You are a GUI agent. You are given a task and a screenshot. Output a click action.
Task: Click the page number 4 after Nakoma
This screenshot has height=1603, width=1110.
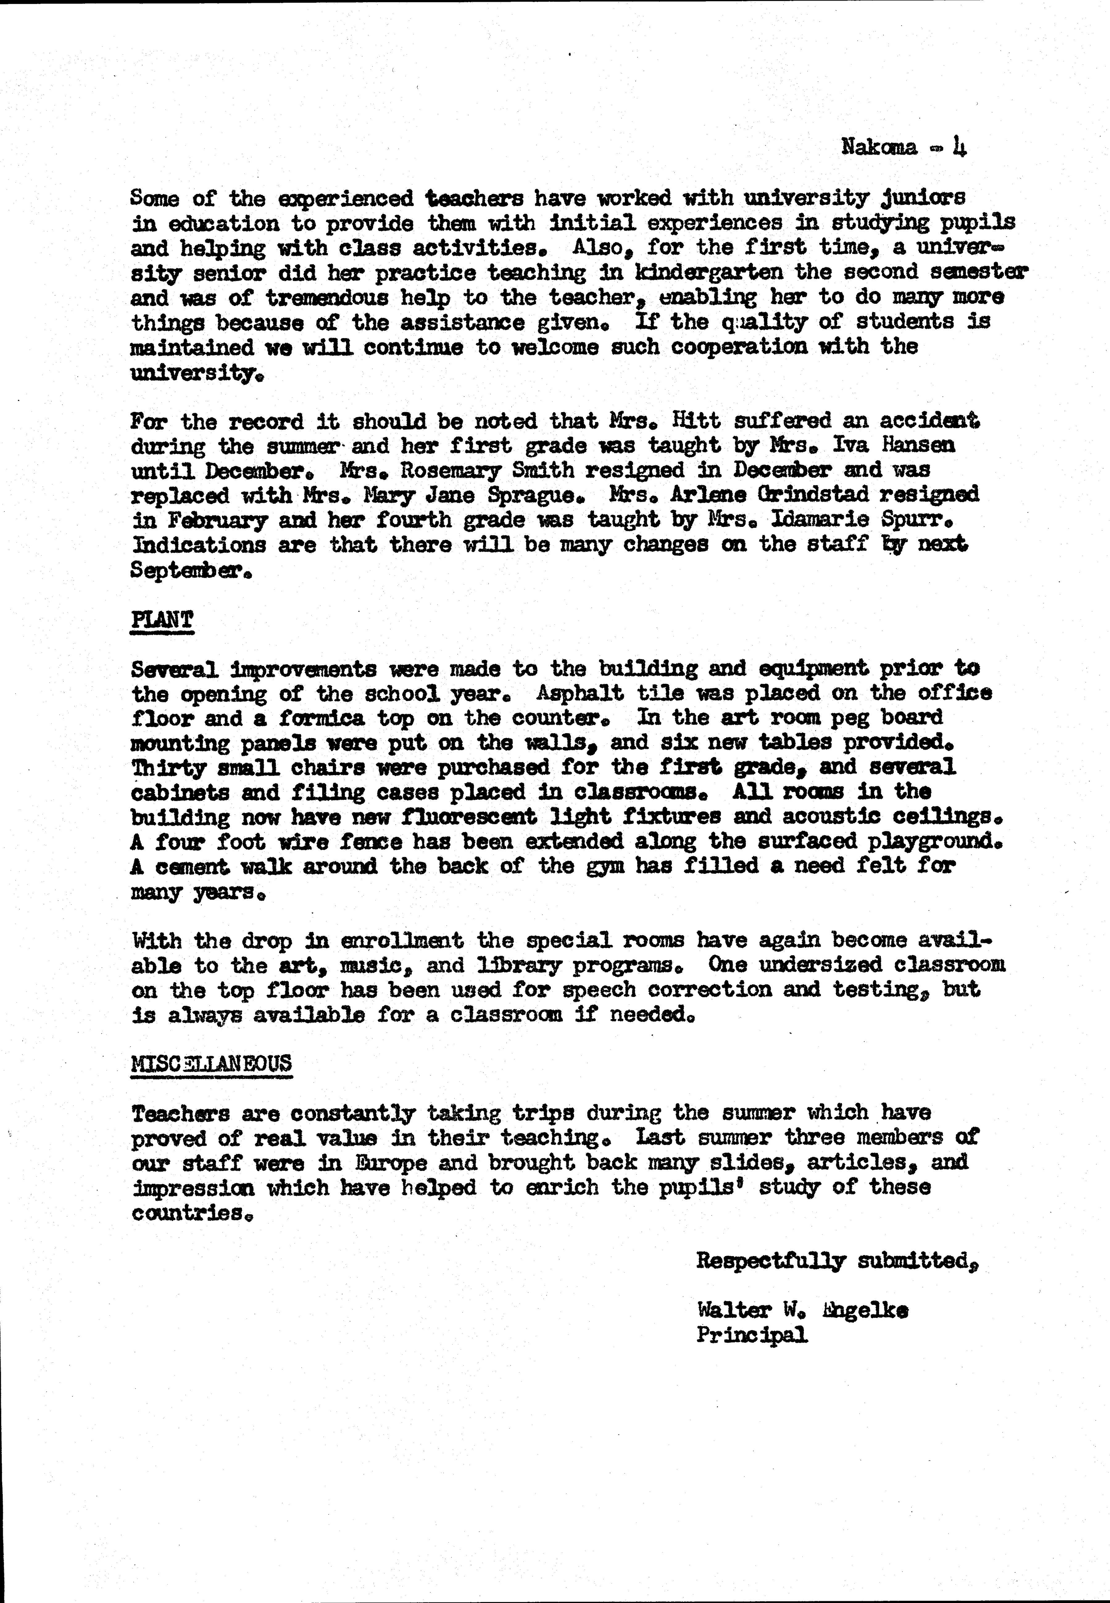[x=960, y=147]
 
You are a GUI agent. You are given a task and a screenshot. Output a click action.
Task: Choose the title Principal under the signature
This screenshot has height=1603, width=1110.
[x=752, y=1335]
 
